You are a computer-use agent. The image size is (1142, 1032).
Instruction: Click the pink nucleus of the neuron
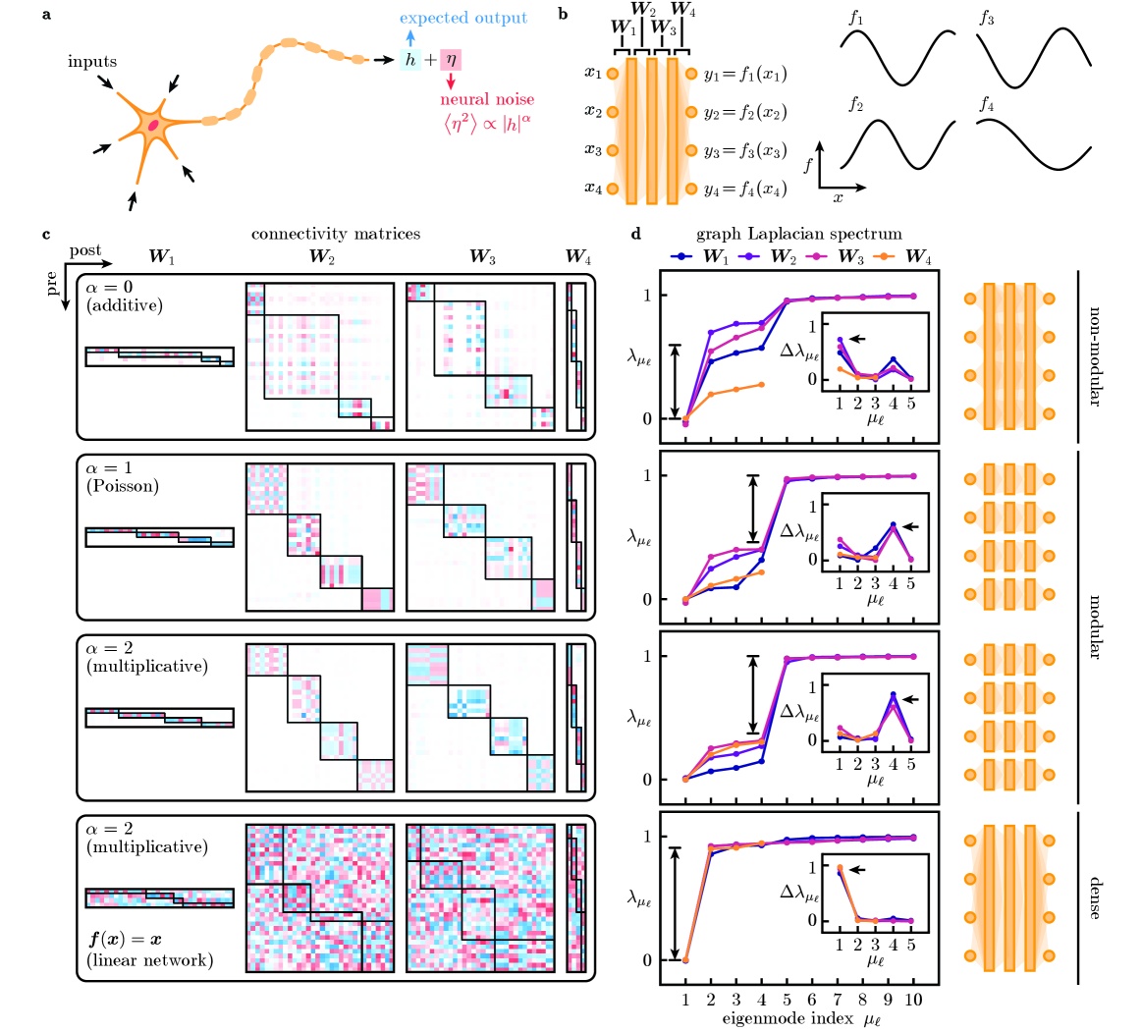point(153,124)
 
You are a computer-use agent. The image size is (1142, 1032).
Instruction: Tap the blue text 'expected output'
point(463,18)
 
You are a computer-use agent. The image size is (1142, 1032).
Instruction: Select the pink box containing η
point(451,61)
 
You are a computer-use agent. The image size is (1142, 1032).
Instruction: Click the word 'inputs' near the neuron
point(92,62)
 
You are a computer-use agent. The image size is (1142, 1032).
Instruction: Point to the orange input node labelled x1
point(612,74)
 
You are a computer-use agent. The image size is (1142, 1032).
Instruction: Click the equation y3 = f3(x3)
point(744,151)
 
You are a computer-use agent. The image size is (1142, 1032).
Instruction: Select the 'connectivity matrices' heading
point(336,234)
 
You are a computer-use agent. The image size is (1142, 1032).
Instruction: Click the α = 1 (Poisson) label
point(122,477)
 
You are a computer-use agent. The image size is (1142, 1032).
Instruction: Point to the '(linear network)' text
point(149,959)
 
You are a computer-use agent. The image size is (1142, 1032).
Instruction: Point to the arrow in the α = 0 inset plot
point(858,339)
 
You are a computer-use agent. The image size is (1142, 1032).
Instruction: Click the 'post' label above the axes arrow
point(85,251)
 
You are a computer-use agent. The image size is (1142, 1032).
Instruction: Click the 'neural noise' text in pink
point(487,99)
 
